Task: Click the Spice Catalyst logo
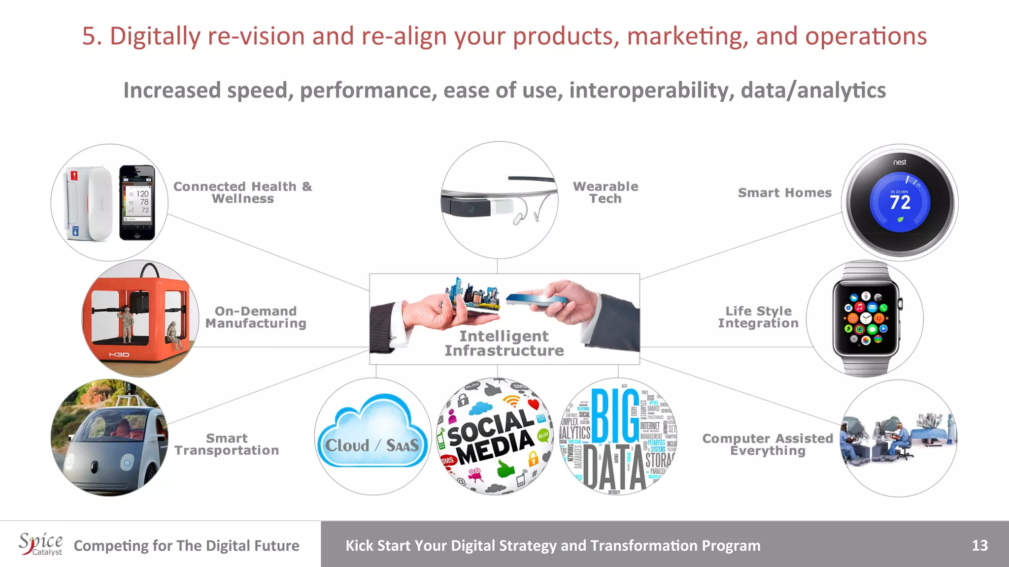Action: coord(41,544)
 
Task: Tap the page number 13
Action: coord(979,545)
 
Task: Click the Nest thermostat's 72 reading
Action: coord(900,202)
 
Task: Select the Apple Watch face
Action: coord(866,318)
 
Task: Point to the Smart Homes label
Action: coord(784,193)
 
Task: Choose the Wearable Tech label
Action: coord(605,192)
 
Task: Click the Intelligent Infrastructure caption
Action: coord(504,343)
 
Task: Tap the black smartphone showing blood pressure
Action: coord(137,202)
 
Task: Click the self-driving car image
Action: coord(109,438)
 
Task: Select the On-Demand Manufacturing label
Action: coord(256,317)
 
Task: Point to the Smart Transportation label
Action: coord(227,444)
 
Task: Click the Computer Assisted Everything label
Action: coord(768,444)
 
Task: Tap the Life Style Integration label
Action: coord(758,317)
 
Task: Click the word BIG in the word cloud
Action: coord(615,416)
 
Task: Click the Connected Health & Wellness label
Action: coord(242,192)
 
